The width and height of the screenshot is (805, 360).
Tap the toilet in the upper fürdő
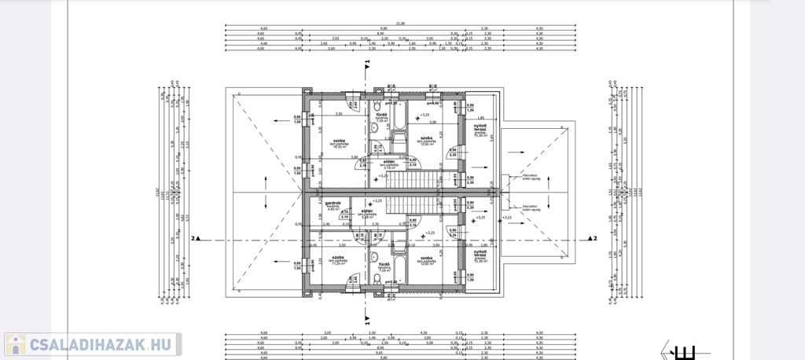(x=376, y=106)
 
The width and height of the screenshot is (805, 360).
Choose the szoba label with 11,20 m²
(x=339, y=259)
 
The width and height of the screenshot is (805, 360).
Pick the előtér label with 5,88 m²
(x=366, y=214)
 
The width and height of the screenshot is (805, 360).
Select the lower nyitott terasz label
(x=478, y=255)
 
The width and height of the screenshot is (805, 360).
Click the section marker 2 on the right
(x=595, y=237)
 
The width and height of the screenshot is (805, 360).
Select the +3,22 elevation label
(x=507, y=217)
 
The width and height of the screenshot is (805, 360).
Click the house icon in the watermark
(x=15, y=344)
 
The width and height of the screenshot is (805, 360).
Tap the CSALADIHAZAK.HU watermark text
(x=100, y=344)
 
